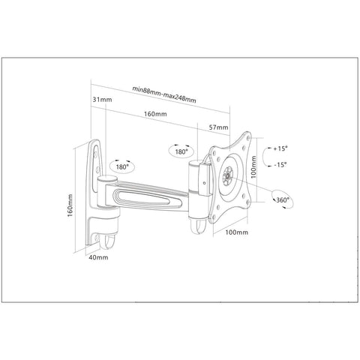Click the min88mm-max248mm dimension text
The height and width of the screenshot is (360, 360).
(x=164, y=94)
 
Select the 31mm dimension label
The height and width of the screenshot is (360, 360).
(x=102, y=100)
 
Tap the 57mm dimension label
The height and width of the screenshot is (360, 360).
(x=218, y=127)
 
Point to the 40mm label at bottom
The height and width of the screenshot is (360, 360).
(x=98, y=257)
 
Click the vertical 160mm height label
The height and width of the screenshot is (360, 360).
(x=70, y=205)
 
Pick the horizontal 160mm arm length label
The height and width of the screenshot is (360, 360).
(x=155, y=114)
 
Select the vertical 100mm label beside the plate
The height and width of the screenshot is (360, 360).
(x=253, y=166)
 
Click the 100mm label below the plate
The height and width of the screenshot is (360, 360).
(x=237, y=232)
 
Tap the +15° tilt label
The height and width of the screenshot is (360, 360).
(x=280, y=148)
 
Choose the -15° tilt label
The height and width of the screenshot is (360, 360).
(x=280, y=165)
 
